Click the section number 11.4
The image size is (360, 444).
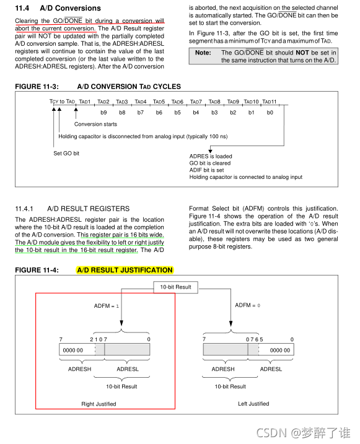click(22, 8)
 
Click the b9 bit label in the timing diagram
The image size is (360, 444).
click(103, 113)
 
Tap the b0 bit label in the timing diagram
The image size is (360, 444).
click(270, 113)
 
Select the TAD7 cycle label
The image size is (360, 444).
click(196, 102)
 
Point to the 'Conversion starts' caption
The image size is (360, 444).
click(96, 124)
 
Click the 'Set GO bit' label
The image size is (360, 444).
click(66, 153)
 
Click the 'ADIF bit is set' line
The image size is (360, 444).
click(206, 170)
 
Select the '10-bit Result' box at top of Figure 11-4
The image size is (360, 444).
click(175, 287)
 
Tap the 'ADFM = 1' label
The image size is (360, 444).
click(107, 306)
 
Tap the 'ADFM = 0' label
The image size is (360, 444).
click(248, 305)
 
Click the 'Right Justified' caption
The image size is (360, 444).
click(99, 404)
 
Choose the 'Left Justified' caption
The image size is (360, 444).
click(253, 404)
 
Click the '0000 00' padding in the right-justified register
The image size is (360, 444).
click(73, 350)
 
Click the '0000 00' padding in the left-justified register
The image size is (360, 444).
click(280, 350)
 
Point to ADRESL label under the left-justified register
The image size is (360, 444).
click(271, 369)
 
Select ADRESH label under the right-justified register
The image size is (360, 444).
click(79, 369)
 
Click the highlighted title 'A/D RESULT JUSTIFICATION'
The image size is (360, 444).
click(125, 270)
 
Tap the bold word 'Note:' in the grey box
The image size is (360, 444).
click(203, 53)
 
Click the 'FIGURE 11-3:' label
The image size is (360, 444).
click(37, 87)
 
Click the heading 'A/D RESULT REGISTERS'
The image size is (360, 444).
click(89, 209)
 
